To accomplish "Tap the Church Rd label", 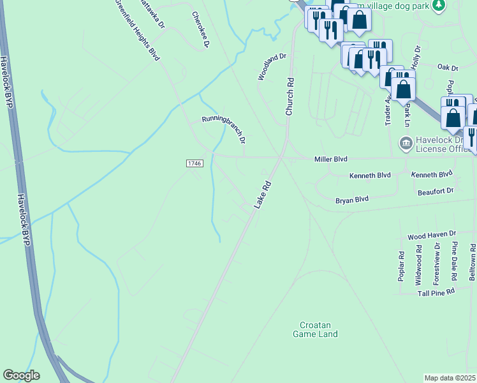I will tap(290, 96).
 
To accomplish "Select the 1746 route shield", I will tap(194, 164).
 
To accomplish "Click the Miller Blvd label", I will tap(330, 159).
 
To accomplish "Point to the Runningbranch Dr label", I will tap(224, 128).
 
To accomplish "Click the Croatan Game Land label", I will tap(315, 329).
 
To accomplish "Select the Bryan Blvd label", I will tap(352, 200).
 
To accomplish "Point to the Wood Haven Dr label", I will tap(432, 236).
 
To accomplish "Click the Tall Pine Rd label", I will tap(436, 291).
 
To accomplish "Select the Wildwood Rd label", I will tap(419, 266).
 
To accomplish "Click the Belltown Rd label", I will tap(473, 262).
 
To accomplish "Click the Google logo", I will tap(21, 375).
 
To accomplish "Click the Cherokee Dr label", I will tap(202, 29).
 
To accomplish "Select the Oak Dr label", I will tap(448, 67).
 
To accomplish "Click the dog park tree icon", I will tap(438, 6).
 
